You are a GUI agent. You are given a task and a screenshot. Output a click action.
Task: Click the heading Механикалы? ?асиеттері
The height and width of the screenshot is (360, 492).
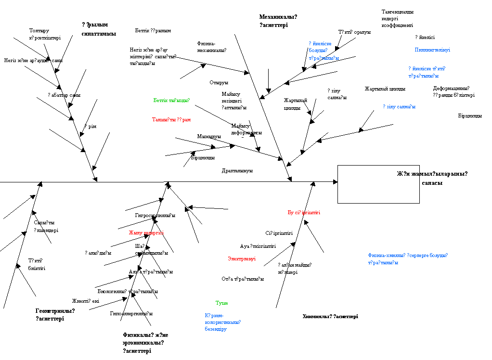pyautogui.click(x=278, y=21)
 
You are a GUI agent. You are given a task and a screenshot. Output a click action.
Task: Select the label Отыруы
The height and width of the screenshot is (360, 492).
pyautogui.click(x=219, y=83)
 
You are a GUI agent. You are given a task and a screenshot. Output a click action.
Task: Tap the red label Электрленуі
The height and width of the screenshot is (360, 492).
pyautogui.click(x=242, y=259)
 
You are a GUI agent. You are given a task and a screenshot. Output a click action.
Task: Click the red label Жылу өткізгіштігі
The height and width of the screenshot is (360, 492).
pyautogui.click(x=146, y=233)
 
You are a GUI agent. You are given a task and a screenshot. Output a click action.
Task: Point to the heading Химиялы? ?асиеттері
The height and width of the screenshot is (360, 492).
pyautogui.click(x=330, y=317)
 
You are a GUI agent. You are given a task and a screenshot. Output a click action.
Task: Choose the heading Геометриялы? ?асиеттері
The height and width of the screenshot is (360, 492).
pyautogui.click(x=55, y=315)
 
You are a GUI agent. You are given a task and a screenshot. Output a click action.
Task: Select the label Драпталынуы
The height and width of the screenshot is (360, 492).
pyautogui.click(x=237, y=171)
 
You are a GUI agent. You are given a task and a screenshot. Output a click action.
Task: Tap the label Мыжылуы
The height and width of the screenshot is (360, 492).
pyautogui.click(x=208, y=137)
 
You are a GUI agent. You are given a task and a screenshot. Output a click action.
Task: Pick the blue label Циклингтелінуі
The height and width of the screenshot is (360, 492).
pyautogui.click(x=432, y=50)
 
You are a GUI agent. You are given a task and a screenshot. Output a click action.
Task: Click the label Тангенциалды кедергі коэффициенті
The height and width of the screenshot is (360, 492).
pyautogui.click(x=398, y=18)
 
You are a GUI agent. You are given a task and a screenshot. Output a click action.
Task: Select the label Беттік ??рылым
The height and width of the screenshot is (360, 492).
pyautogui.click(x=153, y=31)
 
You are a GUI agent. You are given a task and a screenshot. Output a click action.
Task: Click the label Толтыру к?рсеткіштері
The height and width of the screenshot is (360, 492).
pyautogui.click(x=45, y=34)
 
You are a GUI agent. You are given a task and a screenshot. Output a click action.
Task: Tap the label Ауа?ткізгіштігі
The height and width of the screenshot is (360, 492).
pyautogui.click(x=258, y=246)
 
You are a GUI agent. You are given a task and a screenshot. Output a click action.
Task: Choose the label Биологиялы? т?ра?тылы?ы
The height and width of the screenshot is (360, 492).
pyautogui.click(x=128, y=292)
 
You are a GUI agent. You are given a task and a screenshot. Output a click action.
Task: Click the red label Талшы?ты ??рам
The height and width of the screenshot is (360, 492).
pyautogui.click(x=171, y=119)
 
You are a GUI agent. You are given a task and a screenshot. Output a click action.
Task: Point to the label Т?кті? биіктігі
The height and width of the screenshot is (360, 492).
pyautogui.click(x=37, y=264)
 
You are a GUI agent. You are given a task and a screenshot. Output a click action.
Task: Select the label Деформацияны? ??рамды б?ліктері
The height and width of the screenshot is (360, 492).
pyautogui.click(x=453, y=91)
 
